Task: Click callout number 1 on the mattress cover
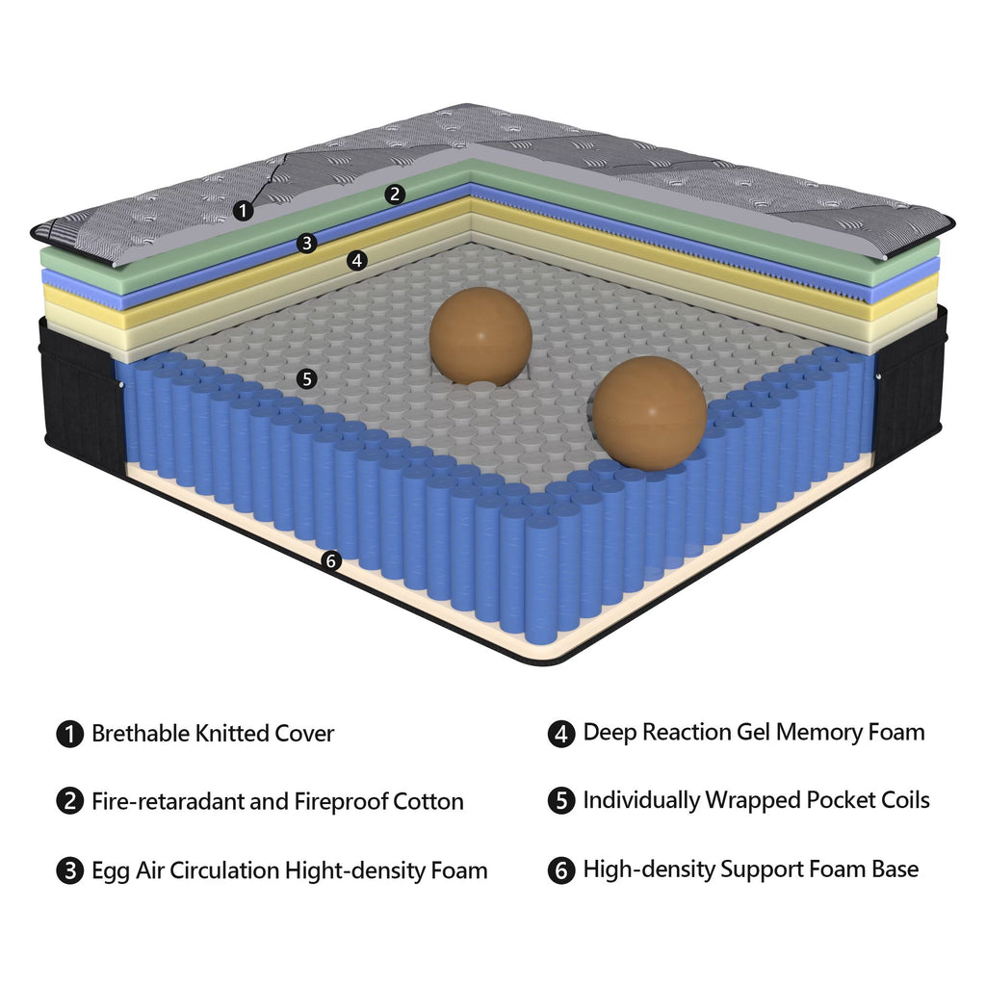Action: [244, 210]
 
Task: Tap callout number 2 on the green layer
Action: [395, 194]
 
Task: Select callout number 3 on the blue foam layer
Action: [307, 243]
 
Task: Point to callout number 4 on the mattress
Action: [357, 260]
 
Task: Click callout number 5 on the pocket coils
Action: [307, 378]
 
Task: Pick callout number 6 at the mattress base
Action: [331, 560]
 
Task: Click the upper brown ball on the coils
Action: [481, 336]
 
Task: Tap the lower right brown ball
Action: [650, 413]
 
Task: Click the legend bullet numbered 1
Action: [69, 734]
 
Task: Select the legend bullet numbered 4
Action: [561, 734]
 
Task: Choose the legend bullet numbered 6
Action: [561, 870]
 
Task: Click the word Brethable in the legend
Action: [141, 733]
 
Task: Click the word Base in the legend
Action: [895, 869]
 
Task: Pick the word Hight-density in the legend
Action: [355, 870]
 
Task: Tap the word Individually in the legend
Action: [641, 800]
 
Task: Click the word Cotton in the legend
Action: [428, 801]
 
